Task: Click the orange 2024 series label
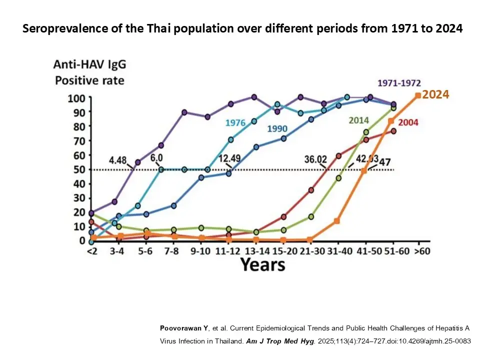click(436, 94)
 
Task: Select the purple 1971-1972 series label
click(399, 83)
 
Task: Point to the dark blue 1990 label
click(277, 128)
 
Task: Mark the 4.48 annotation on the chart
click(118, 160)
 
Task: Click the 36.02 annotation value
click(315, 160)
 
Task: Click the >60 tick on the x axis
click(422, 251)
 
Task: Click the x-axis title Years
click(263, 264)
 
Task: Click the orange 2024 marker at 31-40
click(336, 220)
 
